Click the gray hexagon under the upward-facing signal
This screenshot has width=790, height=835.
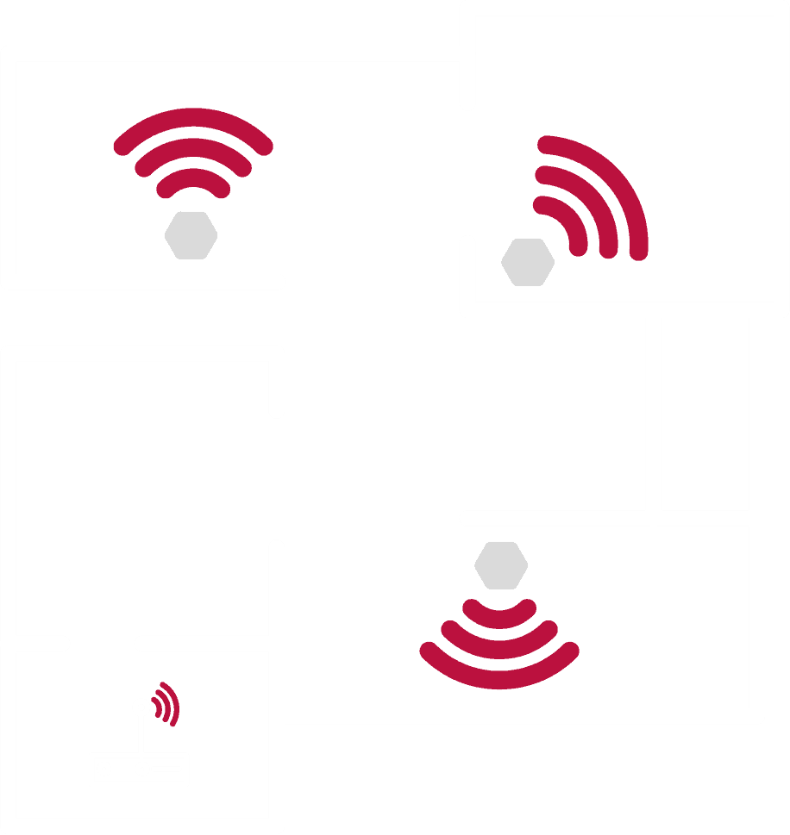[x=191, y=235]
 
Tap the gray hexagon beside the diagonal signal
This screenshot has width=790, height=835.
[x=528, y=262]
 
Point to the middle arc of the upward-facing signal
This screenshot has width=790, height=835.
[x=193, y=147]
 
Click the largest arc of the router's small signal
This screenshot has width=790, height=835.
[x=174, y=701]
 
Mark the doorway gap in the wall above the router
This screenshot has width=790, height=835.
[x=102, y=644]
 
